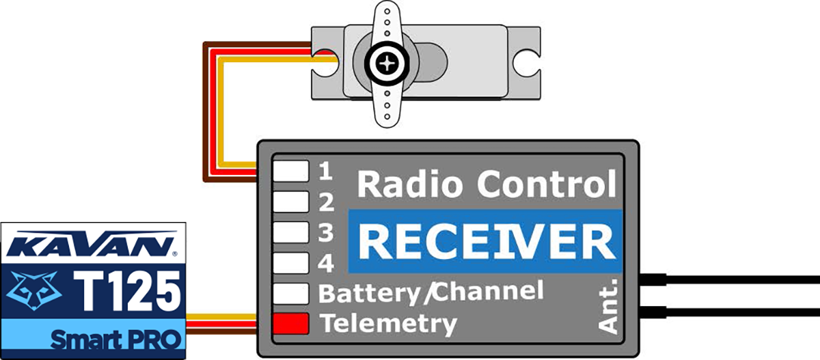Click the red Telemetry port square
[290, 322]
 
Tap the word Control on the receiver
[547, 184]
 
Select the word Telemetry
[387, 323]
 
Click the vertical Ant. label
[610, 305]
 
